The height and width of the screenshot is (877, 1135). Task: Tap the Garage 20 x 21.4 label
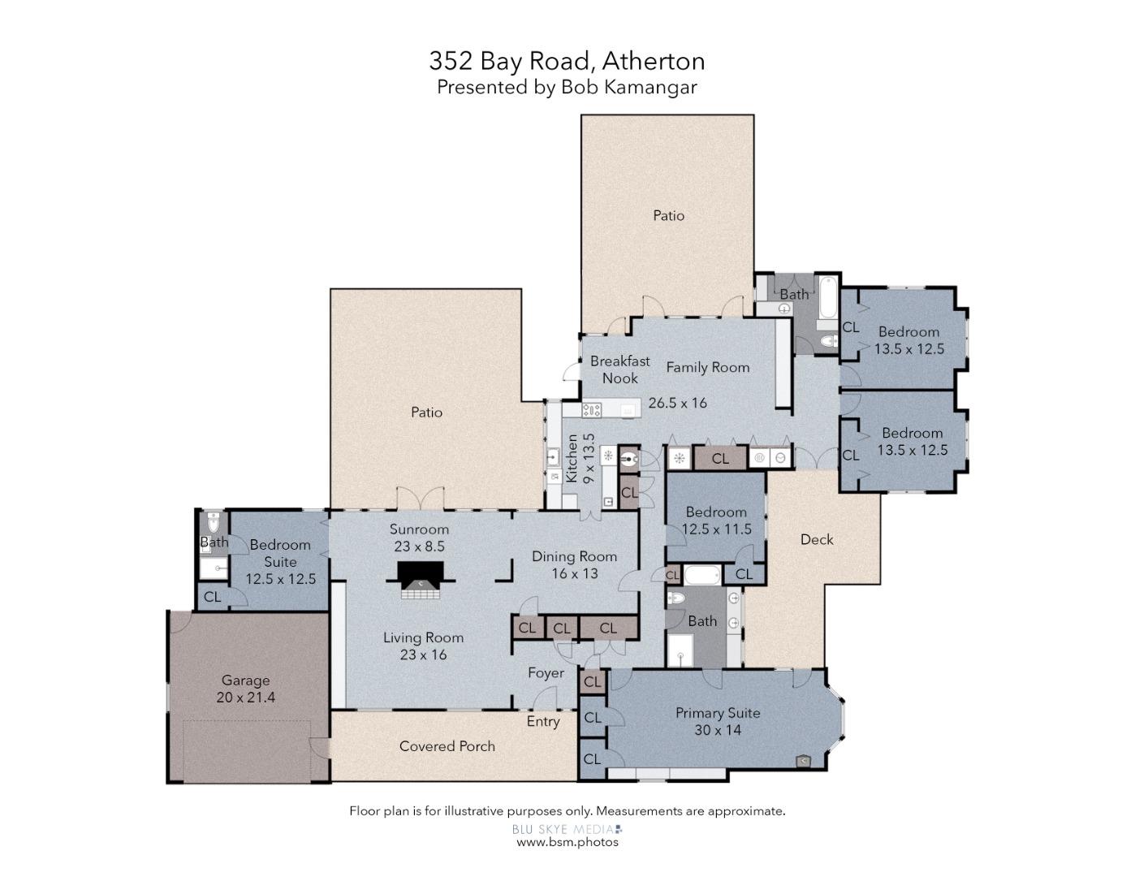point(245,689)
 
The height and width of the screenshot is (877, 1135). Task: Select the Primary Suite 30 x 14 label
point(718,721)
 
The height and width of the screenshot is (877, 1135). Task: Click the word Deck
point(816,540)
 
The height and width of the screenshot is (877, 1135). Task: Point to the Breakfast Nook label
point(619,369)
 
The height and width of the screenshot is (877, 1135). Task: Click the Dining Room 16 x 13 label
point(574,565)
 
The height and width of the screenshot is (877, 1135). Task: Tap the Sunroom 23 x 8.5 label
point(419,538)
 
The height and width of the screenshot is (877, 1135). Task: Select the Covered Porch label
point(447,746)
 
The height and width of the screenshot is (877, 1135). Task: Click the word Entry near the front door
point(543,721)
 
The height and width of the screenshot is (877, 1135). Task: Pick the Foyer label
point(546,673)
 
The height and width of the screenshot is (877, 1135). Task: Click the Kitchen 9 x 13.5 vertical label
point(580,460)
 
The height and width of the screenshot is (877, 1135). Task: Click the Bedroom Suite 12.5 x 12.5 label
point(280,562)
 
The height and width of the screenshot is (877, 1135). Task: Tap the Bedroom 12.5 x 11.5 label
point(716,521)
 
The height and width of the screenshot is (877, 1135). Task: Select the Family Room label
point(707,368)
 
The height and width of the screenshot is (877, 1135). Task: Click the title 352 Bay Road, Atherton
point(567,61)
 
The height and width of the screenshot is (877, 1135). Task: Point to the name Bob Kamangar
point(629,88)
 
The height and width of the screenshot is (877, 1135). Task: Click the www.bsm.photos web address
point(567,842)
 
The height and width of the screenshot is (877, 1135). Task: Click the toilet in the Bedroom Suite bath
point(213,521)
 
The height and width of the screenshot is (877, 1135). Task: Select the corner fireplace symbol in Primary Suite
point(802,761)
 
